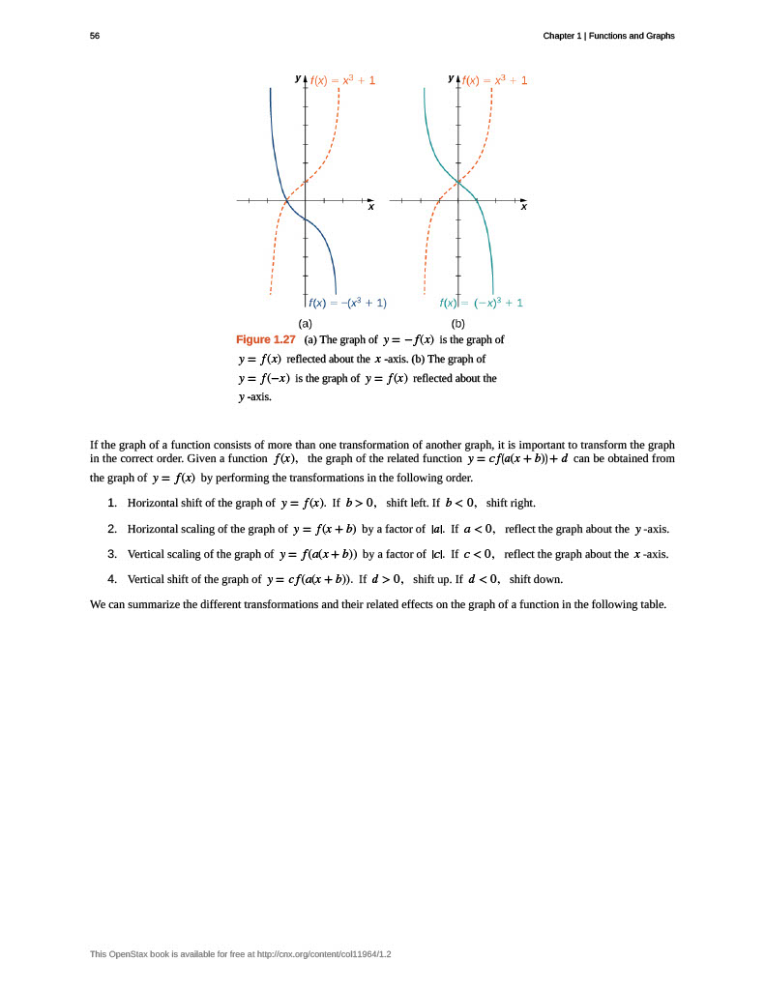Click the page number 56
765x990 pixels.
95,36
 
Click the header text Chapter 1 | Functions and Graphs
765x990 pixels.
608,36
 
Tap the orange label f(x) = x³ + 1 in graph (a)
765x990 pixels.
342,80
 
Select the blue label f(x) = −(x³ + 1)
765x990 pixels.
347,303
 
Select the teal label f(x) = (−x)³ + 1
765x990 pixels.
481,303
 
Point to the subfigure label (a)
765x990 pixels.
306,323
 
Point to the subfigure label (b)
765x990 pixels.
457,323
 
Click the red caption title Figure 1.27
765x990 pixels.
266,339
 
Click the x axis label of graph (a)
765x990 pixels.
369,207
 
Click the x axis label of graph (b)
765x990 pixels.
523,207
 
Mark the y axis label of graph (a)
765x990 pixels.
298,77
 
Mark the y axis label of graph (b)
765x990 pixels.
451,77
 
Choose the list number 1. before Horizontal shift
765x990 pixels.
112,503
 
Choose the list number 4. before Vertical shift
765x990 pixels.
112,579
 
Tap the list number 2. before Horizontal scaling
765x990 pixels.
112,529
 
